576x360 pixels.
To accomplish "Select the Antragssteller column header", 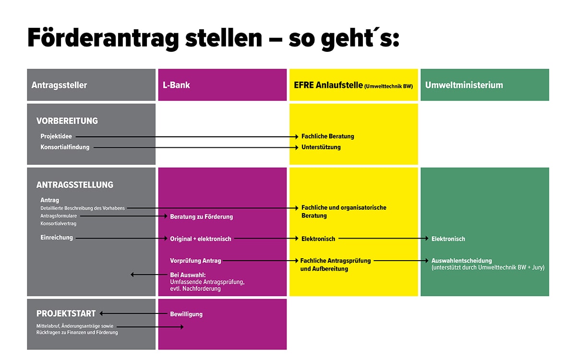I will tap(59, 85).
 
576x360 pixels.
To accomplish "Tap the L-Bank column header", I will tap(176, 85).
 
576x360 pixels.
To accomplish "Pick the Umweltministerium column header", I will tap(464, 85).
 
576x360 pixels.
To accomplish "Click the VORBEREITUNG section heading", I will tap(67, 121).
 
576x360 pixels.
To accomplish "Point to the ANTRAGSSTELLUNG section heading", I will tap(75, 185).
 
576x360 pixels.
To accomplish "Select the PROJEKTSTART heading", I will tap(66, 313).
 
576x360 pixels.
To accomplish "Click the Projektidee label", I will tap(56, 136).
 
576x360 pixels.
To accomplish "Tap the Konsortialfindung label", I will tap(65, 147).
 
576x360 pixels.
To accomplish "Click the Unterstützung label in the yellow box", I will tap(321, 147).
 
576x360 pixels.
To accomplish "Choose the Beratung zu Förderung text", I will tap(201, 217).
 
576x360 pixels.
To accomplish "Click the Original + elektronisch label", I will tap(201, 239).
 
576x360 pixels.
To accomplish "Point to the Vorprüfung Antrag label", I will tap(195, 261).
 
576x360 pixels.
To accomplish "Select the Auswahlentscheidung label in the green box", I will tap(461, 261).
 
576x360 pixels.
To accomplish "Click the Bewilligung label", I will tap(186, 314).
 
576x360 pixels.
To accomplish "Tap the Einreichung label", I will tap(57, 238).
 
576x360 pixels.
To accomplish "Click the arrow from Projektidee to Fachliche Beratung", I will tap(187, 137).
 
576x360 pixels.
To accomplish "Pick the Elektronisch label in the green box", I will tap(448, 239).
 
